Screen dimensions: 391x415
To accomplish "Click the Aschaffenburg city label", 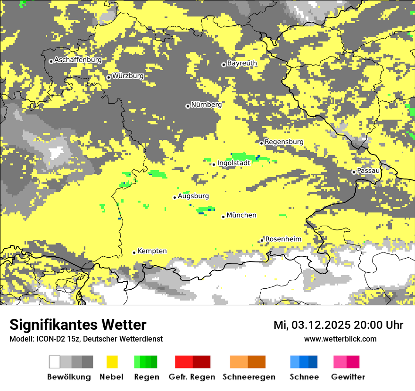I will (78, 60).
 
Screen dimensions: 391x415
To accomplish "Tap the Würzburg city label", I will (128, 76).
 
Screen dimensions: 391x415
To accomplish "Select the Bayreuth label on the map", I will (242, 63).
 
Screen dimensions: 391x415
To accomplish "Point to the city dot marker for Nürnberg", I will (188, 106).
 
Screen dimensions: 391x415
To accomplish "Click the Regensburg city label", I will (284, 142).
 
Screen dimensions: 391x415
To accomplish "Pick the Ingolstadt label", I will (234, 163).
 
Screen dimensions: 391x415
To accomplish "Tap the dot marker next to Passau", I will (354, 172).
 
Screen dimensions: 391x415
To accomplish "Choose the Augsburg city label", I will (193, 196).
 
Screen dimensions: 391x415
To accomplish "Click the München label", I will (241, 215).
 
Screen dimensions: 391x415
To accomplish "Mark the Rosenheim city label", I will (283, 239).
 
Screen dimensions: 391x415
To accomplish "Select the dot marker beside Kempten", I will (134, 253).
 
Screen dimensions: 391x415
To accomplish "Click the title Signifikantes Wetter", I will (78, 325).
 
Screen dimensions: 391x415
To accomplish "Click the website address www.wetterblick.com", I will (340, 339).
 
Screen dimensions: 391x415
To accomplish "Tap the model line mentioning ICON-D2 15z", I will (86, 339).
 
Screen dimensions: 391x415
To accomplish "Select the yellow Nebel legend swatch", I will (112, 362).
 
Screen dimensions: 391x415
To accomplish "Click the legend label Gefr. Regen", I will (191, 377).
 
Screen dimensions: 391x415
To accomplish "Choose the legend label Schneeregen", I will (249, 377).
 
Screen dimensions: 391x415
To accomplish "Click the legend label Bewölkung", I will (69, 377).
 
